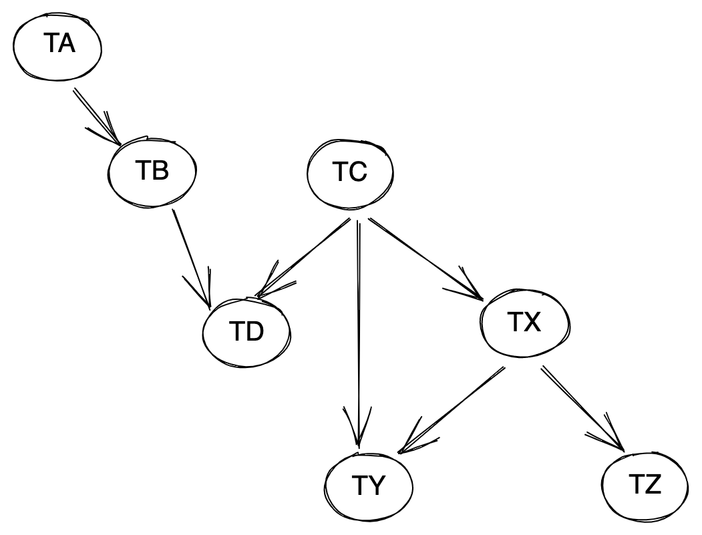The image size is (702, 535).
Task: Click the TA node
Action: click(57, 46)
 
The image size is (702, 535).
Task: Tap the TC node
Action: click(350, 173)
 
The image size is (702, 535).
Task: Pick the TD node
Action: click(246, 332)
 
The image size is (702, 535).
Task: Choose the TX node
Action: click(525, 323)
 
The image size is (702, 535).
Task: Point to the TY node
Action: click(369, 486)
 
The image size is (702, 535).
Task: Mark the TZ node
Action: click(645, 486)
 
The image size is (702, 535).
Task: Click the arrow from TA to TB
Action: click(97, 116)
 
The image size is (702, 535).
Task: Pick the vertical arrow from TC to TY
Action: click(358, 333)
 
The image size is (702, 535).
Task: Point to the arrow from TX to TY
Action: click(453, 409)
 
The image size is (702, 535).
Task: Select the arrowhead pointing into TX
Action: click(466, 286)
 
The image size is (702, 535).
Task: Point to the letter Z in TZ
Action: click(652, 486)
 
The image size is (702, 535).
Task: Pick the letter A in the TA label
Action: click(66, 44)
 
